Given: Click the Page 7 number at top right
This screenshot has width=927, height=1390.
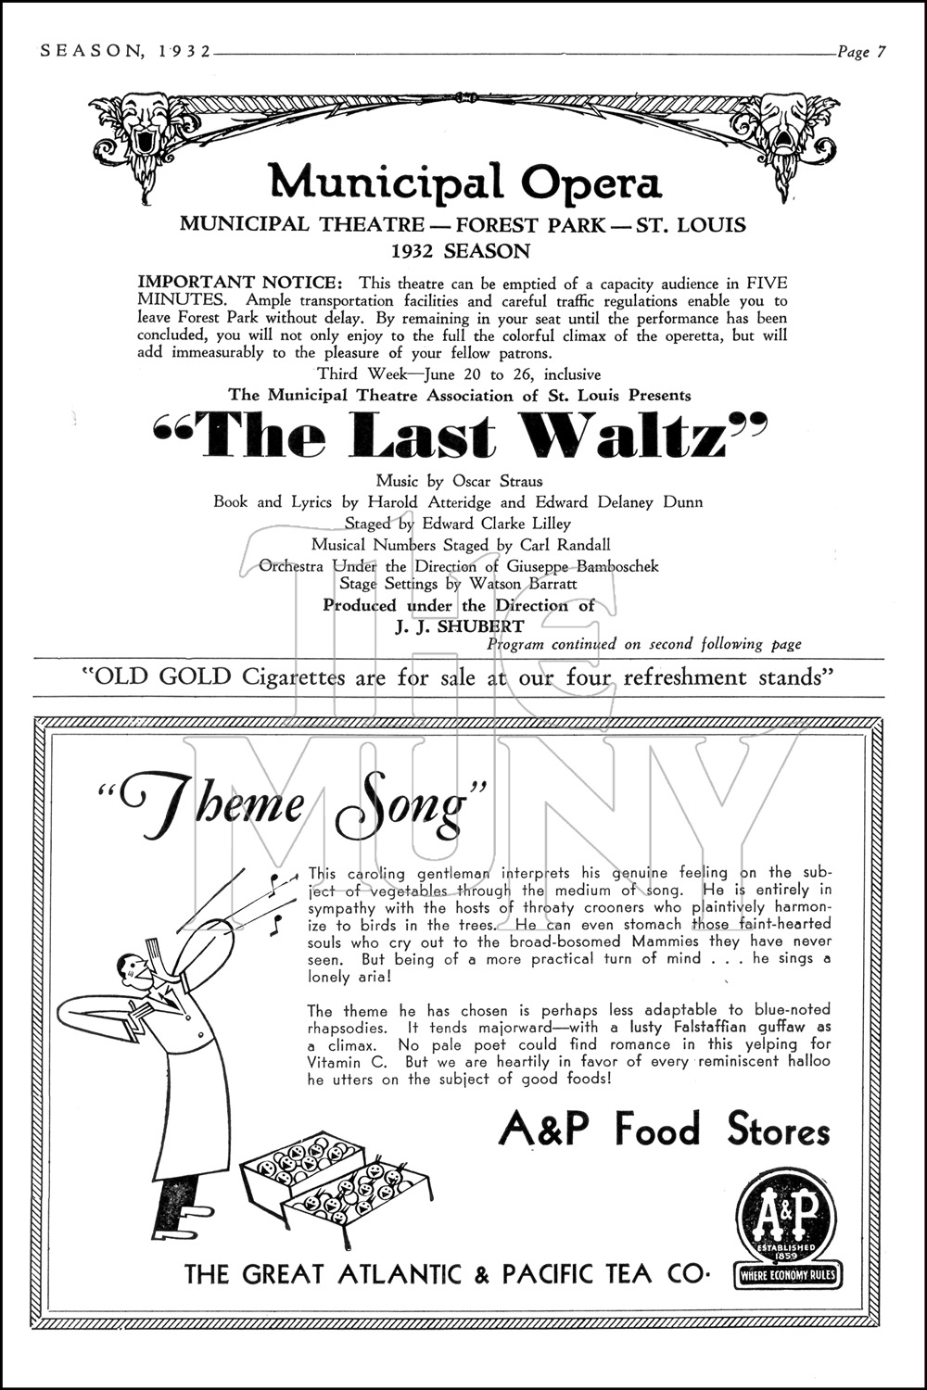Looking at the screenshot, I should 861,52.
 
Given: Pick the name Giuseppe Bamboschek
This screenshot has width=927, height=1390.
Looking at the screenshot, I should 582,565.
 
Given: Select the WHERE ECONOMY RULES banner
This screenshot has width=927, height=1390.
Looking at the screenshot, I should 787,1276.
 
